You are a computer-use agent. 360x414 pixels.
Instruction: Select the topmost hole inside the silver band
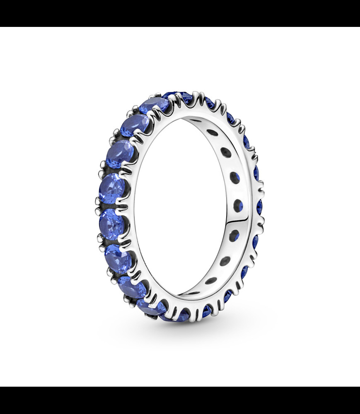(x=196, y=120)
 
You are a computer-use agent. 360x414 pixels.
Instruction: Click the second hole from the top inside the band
(x=212, y=133)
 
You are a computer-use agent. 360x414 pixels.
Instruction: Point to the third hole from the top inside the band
(x=225, y=153)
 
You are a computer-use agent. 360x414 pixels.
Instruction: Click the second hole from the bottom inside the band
(x=210, y=281)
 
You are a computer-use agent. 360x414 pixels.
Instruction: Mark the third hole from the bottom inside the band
(x=225, y=261)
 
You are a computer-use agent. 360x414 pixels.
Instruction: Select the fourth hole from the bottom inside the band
(x=234, y=236)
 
